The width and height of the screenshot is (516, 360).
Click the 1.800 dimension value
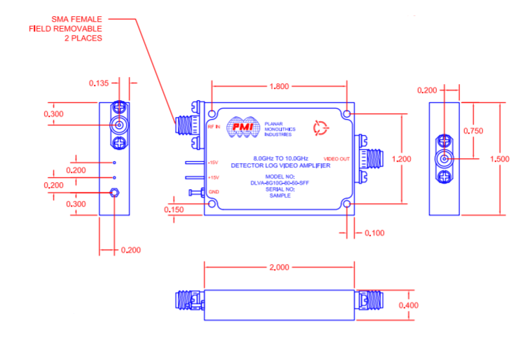[279, 87]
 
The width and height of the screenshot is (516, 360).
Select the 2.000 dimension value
[279, 267]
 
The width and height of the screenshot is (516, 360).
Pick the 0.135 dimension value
[99, 83]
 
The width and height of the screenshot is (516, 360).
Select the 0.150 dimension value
[175, 209]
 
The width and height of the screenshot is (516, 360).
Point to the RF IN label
[214, 127]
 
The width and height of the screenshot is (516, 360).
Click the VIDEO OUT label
[337, 159]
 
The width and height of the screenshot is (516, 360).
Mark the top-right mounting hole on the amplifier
[348, 113]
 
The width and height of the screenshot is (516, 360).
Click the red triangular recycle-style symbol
[320, 127]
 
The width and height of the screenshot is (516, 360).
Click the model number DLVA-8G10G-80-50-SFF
[280, 183]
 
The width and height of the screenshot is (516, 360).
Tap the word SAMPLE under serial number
[280, 196]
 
